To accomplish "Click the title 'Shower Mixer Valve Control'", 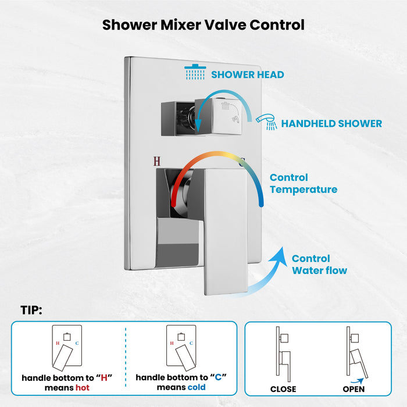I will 203,25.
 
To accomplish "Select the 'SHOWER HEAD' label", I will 247,74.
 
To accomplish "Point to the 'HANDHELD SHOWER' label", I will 331,123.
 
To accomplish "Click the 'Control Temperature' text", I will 303,183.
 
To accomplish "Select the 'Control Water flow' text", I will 319,265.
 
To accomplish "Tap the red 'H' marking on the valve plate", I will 155,162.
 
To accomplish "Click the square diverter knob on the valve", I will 215,113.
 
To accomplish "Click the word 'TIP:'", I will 31,310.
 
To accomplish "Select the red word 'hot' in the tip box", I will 82,387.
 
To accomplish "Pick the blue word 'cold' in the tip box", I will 197,387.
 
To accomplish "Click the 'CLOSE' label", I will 283,389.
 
